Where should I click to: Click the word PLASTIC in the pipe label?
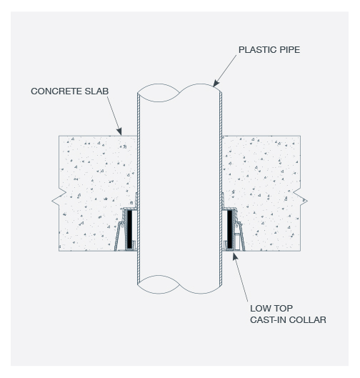[x=258, y=50]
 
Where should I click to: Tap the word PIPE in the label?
[x=290, y=50]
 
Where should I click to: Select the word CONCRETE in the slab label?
[x=56, y=91]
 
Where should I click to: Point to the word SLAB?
[x=96, y=91]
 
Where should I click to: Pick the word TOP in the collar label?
[x=284, y=308]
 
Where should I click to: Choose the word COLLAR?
[x=307, y=320]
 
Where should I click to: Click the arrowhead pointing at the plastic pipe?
[x=216, y=83]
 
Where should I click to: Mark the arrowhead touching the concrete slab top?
[x=119, y=131]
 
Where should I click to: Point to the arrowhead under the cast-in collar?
[x=235, y=257]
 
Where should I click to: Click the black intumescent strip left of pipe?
[x=129, y=229]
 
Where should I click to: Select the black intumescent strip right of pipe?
[x=229, y=229]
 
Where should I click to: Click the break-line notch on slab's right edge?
[x=301, y=201]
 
